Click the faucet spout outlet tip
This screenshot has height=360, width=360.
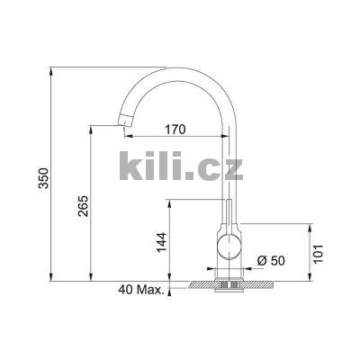pyautogui.click(x=120, y=129)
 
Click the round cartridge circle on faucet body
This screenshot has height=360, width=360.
pyautogui.click(x=228, y=247)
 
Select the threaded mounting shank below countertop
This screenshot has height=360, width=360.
pyautogui.click(x=228, y=285)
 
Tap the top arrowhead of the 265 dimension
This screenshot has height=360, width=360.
pyautogui.click(x=92, y=130)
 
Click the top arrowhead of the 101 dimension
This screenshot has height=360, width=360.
pyautogui.click(x=310, y=225)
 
